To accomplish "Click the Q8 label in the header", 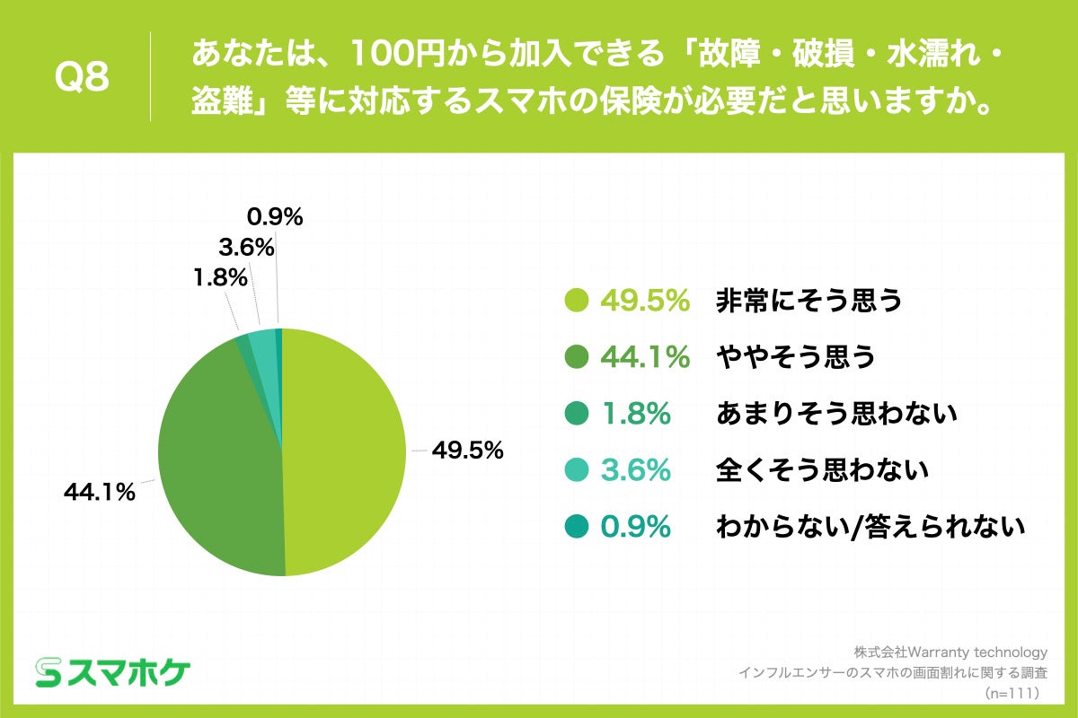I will coord(82,78).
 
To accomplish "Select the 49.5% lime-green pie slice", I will coord(346,449).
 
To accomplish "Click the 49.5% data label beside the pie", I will coord(467,451).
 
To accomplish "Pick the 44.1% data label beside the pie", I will coord(99,492).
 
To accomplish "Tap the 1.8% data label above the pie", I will coord(219,278).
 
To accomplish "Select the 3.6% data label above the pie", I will coord(245,247).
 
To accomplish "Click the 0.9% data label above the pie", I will coord(275,216).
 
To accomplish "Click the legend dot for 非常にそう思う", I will coord(576,302).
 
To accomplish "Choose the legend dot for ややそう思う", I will coord(576,358).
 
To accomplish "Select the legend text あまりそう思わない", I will coord(836,414).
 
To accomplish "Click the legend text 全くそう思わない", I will coord(821,470).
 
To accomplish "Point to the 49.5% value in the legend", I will coord(644,302).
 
